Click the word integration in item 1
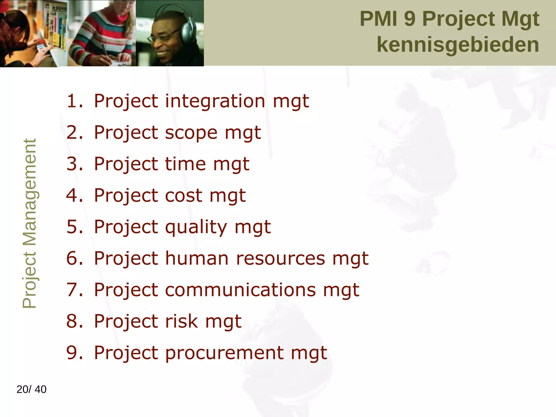tap(214, 101)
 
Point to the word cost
tap(184, 196)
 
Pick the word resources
tap(280, 258)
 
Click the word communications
tap(240, 290)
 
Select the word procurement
tap(224, 353)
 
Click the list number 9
tap(74, 353)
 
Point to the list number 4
tap(74, 196)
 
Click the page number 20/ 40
tap(31, 389)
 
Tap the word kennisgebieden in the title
tap(458, 45)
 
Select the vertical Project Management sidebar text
tap(29, 223)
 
